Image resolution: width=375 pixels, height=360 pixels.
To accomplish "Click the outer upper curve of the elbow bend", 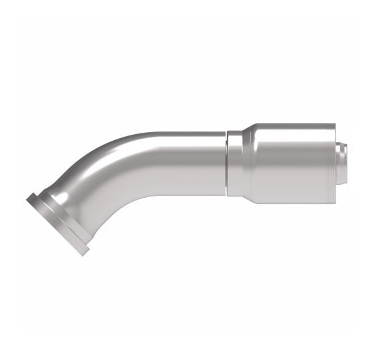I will click(114, 146).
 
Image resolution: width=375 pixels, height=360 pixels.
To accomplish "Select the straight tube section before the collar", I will click(194, 161).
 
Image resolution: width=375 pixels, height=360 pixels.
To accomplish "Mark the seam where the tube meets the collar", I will click(226, 161).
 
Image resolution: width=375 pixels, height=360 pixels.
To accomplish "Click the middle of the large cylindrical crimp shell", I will click(288, 161).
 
